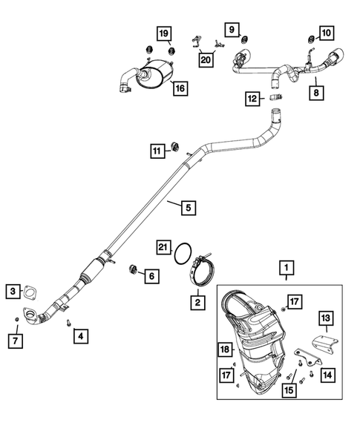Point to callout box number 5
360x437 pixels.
[189, 208]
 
